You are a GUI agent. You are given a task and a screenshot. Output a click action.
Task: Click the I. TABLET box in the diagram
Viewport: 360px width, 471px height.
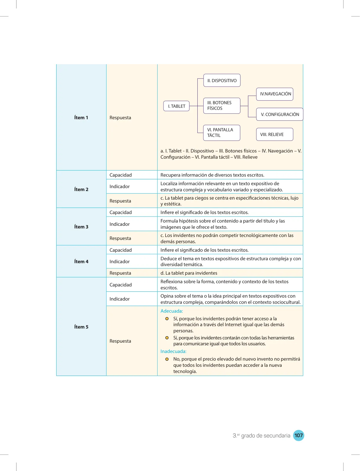tap(176, 106)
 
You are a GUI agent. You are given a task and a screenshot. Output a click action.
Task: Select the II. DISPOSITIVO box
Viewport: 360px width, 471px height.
tap(222, 80)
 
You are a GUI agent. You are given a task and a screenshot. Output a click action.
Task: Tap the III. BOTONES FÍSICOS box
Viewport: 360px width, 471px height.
tap(222, 106)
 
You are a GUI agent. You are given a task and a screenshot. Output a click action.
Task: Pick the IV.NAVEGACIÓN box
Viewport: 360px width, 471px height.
tap(275, 94)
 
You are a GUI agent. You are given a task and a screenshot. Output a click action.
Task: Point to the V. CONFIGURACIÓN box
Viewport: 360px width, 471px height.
tap(280, 115)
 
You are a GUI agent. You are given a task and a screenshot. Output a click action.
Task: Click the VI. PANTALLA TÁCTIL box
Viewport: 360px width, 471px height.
tap(222, 133)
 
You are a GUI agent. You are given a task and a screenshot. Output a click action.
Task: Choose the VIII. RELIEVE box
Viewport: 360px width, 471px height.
tap(275, 135)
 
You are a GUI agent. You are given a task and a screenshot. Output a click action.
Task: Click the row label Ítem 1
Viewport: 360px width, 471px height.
tap(81, 117)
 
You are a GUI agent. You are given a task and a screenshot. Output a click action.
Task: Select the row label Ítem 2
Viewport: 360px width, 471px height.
tap(81, 190)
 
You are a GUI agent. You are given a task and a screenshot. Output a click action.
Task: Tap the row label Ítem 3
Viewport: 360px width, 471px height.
tap(81, 227)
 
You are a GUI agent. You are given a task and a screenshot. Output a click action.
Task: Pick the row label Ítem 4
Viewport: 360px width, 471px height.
tap(81, 262)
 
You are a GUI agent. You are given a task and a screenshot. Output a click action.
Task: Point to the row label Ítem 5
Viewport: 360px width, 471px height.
tap(81, 327)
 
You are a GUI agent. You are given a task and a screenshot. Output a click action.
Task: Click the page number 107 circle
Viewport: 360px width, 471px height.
tap(298, 435)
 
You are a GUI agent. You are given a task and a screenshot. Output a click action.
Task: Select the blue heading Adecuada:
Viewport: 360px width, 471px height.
tap(171, 311)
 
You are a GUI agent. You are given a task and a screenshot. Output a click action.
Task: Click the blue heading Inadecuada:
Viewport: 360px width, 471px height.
tap(173, 351)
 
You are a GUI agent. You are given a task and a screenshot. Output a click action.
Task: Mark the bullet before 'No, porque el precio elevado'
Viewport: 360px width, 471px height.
tap(167, 359)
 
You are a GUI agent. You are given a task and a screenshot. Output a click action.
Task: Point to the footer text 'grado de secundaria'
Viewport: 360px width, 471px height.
tap(265, 436)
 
